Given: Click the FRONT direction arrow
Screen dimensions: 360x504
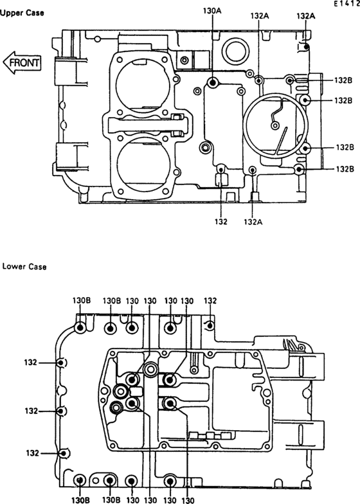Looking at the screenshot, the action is coord(22,62).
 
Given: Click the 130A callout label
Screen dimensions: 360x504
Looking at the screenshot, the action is coord(212,10).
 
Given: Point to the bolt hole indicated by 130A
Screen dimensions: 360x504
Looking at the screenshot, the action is coord(212,83).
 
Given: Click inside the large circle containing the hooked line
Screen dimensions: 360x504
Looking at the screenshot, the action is coord(275,126).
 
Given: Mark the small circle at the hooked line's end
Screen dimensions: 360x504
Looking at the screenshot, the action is coord(275,125).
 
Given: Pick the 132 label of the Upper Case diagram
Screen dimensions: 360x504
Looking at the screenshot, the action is coord(221,221).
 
